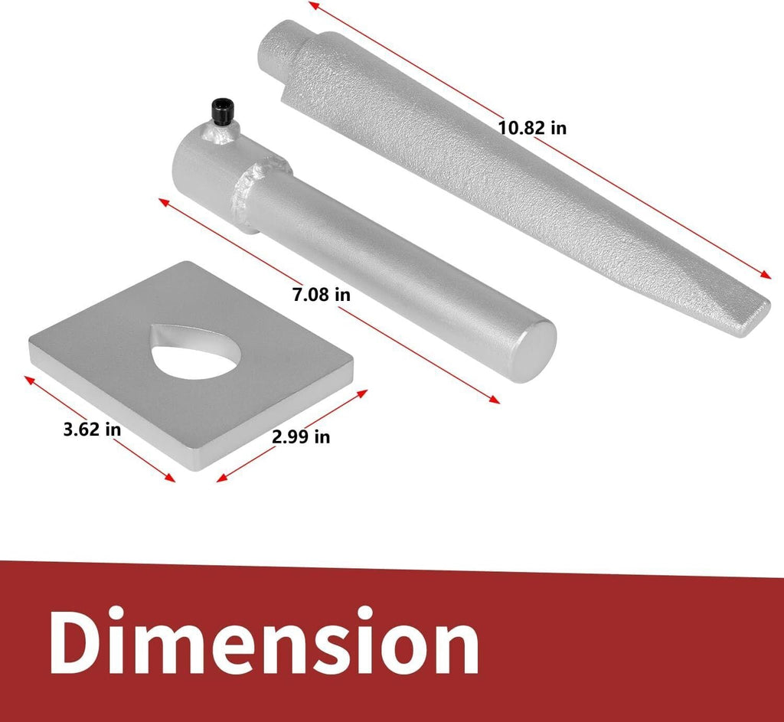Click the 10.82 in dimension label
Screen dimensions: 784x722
click(532, 128)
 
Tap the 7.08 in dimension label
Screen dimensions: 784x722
click(321, 295)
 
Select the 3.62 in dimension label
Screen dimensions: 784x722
click(92, 429)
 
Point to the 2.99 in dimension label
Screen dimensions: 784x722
click(301, 437)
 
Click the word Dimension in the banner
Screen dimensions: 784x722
click(264, 641)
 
